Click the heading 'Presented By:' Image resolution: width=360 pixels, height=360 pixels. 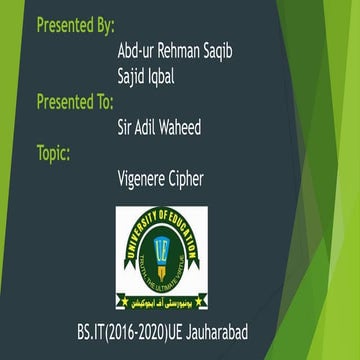(75, 25)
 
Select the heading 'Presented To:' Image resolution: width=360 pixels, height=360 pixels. (76, 101)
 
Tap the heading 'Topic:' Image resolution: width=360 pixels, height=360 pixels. (58, 153)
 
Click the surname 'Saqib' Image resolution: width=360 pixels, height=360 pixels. (227, 51)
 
